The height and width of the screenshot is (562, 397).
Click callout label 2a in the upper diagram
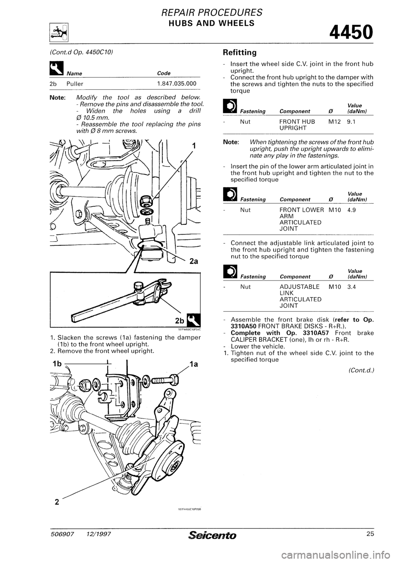194,262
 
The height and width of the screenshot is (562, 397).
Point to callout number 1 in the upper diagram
194,146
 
